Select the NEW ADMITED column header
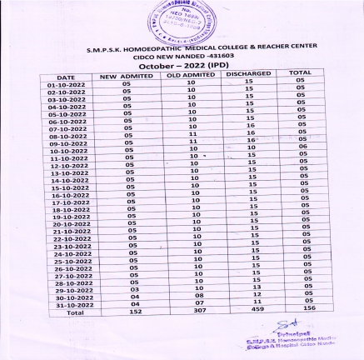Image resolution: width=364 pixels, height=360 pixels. [129, 76]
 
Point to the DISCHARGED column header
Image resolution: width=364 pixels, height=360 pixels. [248, 75]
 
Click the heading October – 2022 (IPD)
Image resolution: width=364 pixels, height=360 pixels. [183, 64]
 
